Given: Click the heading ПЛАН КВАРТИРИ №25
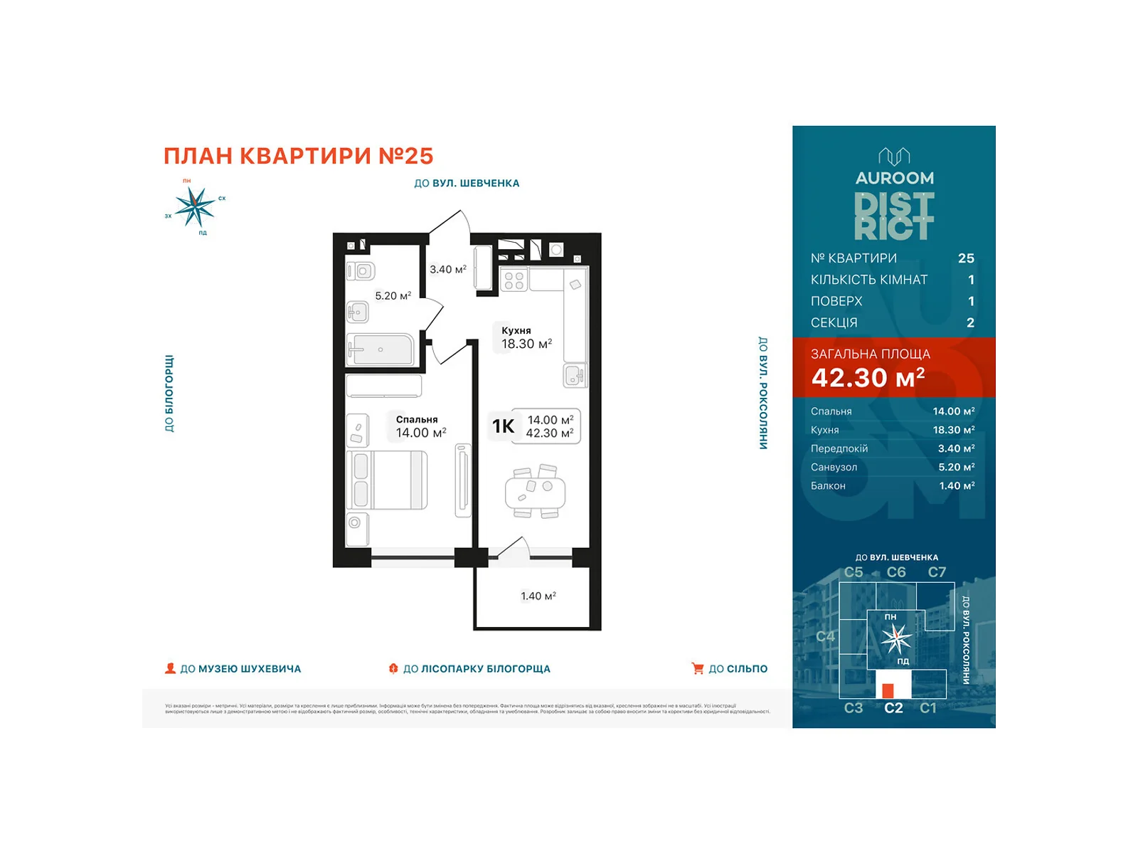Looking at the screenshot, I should coord(298,156).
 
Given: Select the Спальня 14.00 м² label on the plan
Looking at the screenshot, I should coord(420,427).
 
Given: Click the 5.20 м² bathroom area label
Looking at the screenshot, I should coord(393,296).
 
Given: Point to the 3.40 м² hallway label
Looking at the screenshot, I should coord(447,270).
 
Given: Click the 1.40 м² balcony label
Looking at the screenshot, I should coord(538,596).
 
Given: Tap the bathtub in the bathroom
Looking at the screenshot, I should coord(381,349).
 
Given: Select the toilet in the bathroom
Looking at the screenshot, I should coord(361,271).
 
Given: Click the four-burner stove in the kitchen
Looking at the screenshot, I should coord(514,280).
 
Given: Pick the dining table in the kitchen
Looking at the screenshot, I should coord(535,491).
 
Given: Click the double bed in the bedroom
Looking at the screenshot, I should coord(388,480).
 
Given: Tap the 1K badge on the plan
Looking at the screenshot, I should coord(503,426).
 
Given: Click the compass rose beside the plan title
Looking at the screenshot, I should coord(194,207).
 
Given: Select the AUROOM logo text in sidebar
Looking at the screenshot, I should coord(894,178).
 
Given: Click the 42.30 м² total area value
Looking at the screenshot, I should coord(868,378).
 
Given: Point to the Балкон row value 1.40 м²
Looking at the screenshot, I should coord(956,486).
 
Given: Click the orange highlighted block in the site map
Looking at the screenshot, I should coord(888,690).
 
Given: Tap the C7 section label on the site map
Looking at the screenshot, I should coord(937,572).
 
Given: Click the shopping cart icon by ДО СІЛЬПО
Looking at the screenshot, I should coord(697,668).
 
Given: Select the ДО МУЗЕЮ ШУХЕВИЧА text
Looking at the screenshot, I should coord(240,669).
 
